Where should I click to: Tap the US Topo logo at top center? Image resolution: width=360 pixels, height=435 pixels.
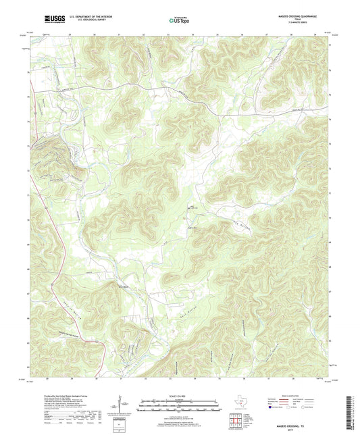point(180,22)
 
